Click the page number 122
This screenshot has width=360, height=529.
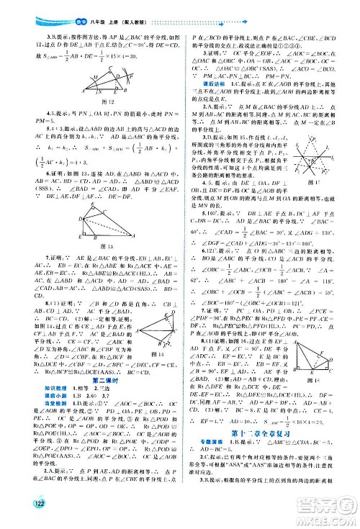pyautogui.click(x=15, y=510)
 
